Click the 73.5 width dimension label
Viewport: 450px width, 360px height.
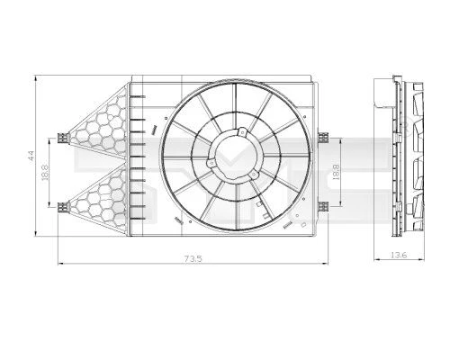click(x=193, y=258)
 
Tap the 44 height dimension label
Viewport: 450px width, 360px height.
click(x=31, y=156)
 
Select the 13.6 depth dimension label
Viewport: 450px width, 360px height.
click(x=399, y=255)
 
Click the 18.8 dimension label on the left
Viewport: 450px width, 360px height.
click(x=45, y=172)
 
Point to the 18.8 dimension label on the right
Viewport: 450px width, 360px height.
click(x=336, y=172)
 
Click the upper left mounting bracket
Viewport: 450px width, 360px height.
click(x=63, y=138)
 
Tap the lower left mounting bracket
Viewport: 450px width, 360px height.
click(x=63, y=207)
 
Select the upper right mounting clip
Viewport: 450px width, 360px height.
click(x=323, y=138)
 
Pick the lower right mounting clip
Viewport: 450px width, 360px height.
click(x=323, y=207)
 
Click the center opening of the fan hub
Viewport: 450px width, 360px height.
click(x=236, y=155)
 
